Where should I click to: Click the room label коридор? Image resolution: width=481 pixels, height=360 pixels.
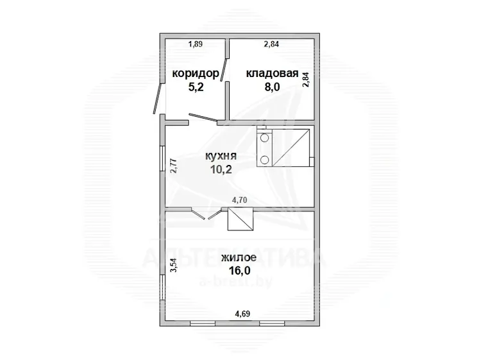(x=196, y=74)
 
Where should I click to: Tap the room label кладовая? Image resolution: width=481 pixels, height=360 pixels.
(x=273, y=74)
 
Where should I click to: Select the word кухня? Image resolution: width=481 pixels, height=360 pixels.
(x=221, y=156)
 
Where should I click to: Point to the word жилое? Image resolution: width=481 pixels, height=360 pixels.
(x=239, y=258)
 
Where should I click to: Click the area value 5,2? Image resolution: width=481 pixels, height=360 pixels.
(x=196, y=87)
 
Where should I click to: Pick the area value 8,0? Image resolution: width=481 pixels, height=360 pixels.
(x=273, y=87)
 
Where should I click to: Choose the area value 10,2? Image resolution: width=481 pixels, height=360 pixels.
(x=221, y=169)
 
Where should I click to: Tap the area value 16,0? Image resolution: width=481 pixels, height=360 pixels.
(x=240, y=271)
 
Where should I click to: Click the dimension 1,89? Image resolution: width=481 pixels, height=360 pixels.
(x=196, y=44)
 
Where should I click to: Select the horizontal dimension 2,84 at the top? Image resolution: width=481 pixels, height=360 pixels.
(x=271, y=44)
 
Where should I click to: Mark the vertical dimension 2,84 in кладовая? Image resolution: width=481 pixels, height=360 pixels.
(x=306, y=80)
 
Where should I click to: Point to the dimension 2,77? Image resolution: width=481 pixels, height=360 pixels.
(x=174, y=166)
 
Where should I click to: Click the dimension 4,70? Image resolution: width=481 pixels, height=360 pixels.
(x=240, y=200)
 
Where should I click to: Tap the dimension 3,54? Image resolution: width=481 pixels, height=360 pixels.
(x=174, y=266)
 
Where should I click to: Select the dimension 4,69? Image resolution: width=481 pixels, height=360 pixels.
(x=242, y=314)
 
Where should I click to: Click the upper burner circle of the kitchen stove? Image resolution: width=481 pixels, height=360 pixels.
(x=264, y=137)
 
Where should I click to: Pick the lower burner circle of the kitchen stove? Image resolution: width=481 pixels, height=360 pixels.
(x=264, y=159)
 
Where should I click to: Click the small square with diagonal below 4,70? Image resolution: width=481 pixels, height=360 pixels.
(x=240, y=219)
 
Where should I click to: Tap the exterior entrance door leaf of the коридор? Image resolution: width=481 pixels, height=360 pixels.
(x=158, y=98)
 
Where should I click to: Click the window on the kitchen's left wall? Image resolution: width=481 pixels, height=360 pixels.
(x=163, y=159)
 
